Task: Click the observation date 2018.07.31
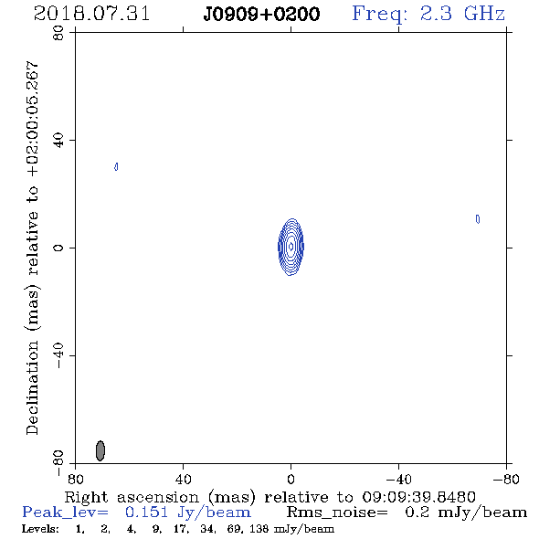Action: [91, 14]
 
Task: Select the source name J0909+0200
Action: [261, 14]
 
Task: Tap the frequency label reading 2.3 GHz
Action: [462, 14]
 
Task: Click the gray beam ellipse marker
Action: [100, 450]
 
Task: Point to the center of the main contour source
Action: [291, 247]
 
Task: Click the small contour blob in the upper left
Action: [116, 166]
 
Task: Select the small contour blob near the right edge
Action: [478, 219]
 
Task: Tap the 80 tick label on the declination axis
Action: [58, 33]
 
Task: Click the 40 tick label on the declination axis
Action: [58, 141]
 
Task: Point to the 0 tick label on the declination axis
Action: [58, 248]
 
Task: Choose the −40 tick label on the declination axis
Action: [58, 355]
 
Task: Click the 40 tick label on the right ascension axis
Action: [183, 479]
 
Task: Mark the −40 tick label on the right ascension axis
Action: [398, 479]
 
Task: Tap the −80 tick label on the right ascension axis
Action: [506, 479]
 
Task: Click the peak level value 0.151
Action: [146, 513]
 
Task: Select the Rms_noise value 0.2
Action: [417, 513]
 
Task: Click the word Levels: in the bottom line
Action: [40, 529]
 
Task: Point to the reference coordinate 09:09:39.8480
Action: [418, 497]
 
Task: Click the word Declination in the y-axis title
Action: [32, 388]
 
